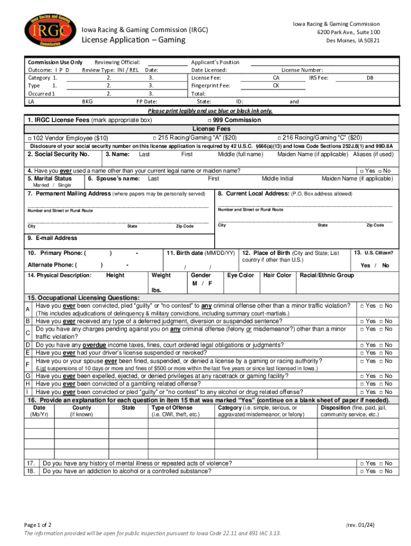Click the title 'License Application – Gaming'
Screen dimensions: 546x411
(x=133, y=40)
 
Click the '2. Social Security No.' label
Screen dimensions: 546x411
(x=58, y=154)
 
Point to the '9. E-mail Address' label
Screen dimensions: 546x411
(x=52, y=238)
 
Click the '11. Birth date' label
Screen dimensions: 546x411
(x=201, y=253)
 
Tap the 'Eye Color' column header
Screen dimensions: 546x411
(x=240, y=275)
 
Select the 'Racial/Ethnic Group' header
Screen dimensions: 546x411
(x=327, y=275)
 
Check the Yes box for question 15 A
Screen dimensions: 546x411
(x=361, y=306)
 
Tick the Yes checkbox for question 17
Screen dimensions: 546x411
(x=361, y=463)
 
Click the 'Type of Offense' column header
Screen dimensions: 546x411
(x=172, y=408)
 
